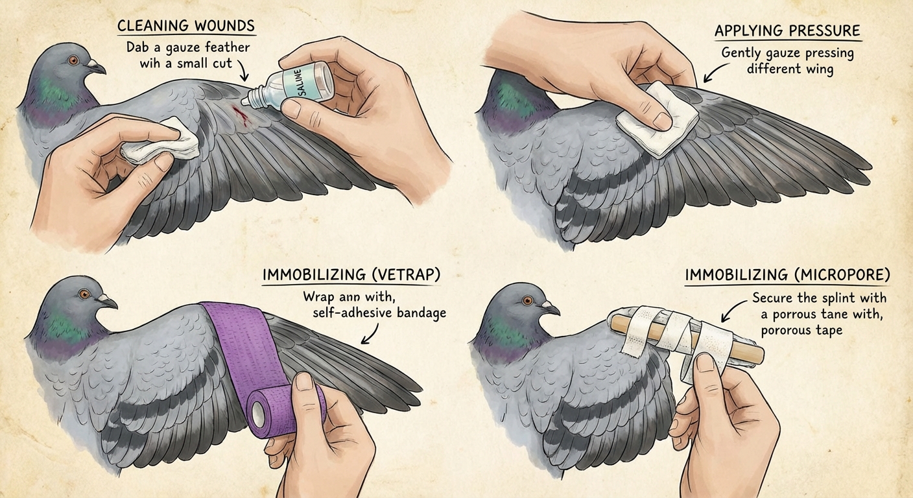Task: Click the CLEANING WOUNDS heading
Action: click(x=186, y=26)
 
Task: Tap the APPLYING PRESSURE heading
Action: click(x=787, y=31)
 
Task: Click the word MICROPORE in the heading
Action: click(x=842, y=275)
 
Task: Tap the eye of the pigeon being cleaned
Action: click(x=73, y=61)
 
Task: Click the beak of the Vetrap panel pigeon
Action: click(x=108, y=301)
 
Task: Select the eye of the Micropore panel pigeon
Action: click(x=528, y=301)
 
